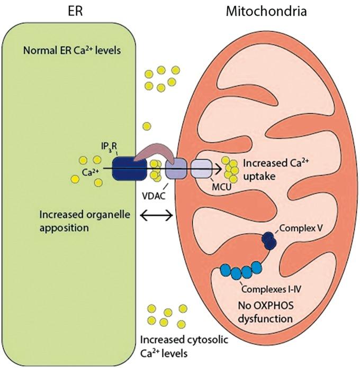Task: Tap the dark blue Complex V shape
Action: [270, 241]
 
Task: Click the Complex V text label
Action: [301, 231]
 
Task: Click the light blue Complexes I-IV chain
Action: [241, 271]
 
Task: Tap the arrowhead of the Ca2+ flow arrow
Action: [218, 169]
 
